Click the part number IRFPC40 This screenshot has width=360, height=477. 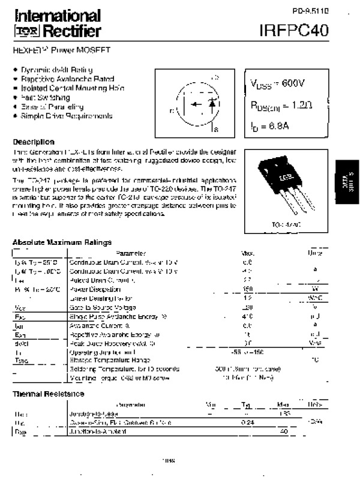295,30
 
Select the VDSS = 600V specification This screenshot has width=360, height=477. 277,83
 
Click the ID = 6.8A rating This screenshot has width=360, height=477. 269,127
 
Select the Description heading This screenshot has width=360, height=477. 34,142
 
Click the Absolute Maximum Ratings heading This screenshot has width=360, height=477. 62,242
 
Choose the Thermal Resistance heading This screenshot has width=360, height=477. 49,394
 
